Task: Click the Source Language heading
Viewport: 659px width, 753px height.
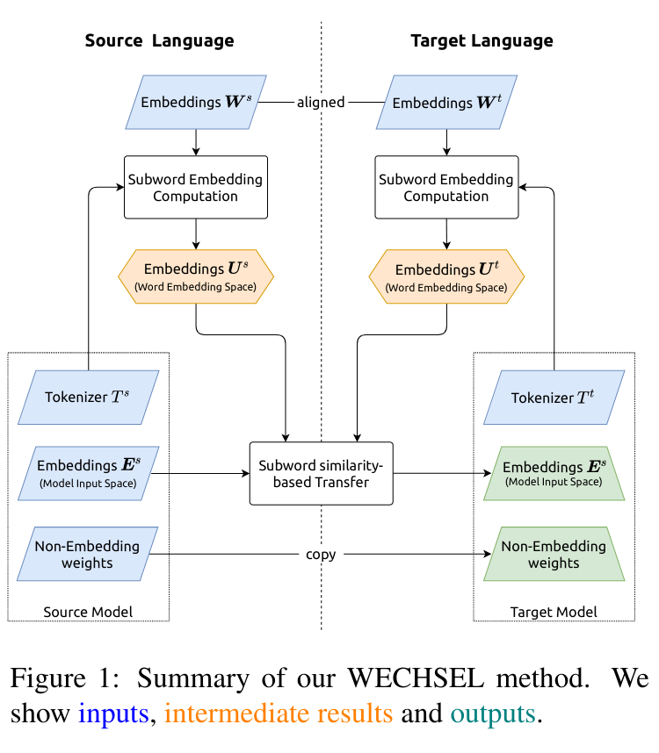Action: click(x=159, y=40)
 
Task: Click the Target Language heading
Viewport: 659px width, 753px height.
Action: click(x=482, y=40)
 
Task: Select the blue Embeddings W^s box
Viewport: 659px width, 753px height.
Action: click(x=196, y=102)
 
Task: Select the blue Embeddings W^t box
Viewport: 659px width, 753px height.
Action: click(x=446, y=102)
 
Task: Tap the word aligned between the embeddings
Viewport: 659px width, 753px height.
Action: click(x=321, y=102)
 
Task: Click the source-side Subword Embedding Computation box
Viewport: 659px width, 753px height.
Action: click(x=195, y=187)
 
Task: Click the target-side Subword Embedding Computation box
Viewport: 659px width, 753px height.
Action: click(x=445, y=187)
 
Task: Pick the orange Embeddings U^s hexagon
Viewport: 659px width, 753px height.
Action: click(x=196, y=276)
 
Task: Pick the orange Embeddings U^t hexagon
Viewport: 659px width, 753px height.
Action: click(x=446, y=276)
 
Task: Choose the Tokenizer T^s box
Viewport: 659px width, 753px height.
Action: click(x=89, y=397)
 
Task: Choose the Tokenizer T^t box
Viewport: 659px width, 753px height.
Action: click(x=554, y=397)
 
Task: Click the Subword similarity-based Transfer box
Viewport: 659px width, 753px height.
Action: click(x=321, y=473)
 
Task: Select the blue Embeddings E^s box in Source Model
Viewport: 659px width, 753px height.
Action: click(x=88, y=473)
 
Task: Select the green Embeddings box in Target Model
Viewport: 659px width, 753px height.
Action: click(x=554, y=473)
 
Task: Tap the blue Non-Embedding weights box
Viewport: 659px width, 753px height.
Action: click(x=88, y=554)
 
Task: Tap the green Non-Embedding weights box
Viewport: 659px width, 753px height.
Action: click(x=554, y=554)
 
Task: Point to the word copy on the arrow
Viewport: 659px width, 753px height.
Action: click(x=321, y=555)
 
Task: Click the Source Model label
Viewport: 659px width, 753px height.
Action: click(x=88, y=612)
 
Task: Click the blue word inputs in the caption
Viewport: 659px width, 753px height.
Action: click(x=112, y=714)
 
